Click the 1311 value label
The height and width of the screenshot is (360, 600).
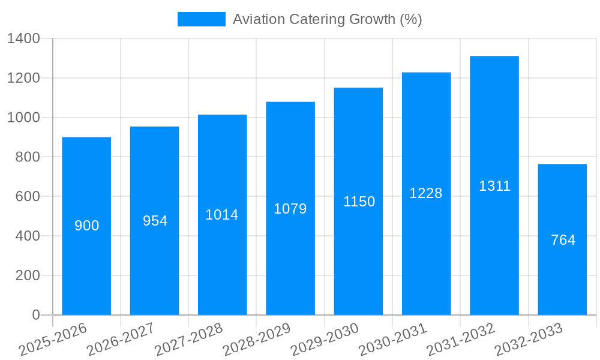pyautogui.click(x=494, y=186)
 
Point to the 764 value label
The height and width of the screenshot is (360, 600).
pyautogui.click(x=563, y=240)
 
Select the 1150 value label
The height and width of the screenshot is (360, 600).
pyautogui.click(x=359, y=202)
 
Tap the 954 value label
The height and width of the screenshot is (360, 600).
pyautogui.click(x=155, y=221)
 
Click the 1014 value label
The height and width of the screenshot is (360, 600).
pyautogui.click(x=222, y=215)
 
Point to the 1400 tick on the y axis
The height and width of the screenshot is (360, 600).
pyautogui.click(x=23, y=39)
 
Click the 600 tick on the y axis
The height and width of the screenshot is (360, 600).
pyautogui.click(x=28, y=197)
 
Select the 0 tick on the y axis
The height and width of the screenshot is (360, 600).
pyautogui.click(x=35, y=315)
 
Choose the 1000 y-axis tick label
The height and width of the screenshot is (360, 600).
pyautogui.click(x=23, y=118)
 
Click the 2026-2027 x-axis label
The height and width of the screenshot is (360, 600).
pyautogui.click(x=121, y=340)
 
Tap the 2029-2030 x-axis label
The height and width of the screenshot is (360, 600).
pyautogui.click(x=325, y=340)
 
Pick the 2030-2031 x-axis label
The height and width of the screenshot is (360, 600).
pyautogui.click(x=393, y=340)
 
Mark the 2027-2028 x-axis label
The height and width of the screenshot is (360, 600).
pyautogui.click(x=188, y=340)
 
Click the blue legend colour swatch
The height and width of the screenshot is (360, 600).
pyautogui.click(x=201, y=19)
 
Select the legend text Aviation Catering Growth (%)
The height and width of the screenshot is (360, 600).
pyautogui.click(x=327, y=19)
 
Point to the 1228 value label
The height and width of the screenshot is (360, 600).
pyautogui.click(x=426, y=193)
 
